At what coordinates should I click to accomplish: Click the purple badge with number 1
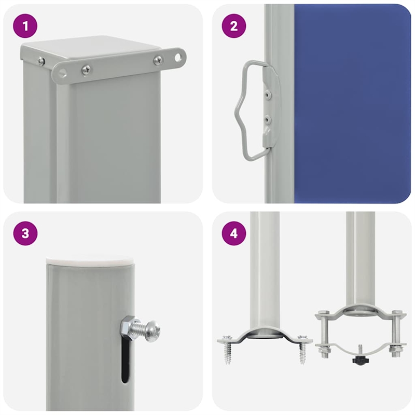(x=25, y=26)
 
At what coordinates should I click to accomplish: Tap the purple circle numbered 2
(x=234, y=26)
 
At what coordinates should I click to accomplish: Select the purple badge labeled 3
(x=25, y=233)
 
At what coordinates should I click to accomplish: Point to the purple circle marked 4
(x=234, y=233)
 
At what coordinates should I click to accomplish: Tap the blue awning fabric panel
(x=353, y=104)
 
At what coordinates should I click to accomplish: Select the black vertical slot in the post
(x=125, y=363)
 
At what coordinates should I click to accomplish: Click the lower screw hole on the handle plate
(x=268, y=120)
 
